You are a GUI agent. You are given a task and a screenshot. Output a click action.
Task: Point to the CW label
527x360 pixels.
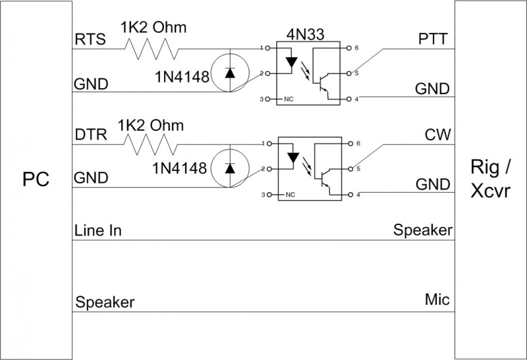[437, 135]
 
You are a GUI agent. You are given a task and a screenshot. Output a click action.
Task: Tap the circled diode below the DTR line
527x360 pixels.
[229, 168]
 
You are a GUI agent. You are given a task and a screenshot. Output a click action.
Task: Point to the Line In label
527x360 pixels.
[97, 231]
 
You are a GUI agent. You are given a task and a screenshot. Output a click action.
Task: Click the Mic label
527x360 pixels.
[437, 299]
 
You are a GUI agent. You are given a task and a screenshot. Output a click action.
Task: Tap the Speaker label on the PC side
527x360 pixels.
[105, 303]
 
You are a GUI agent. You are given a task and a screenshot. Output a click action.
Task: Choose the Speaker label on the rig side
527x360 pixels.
[423, 230]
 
